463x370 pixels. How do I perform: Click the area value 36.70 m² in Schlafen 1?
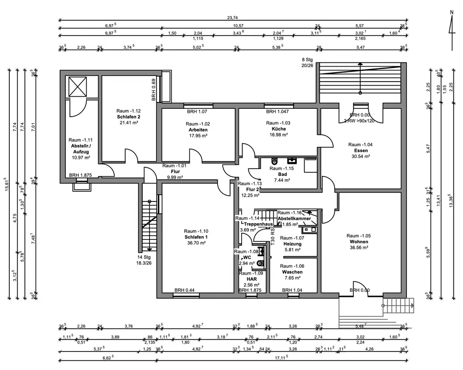coord(196,243)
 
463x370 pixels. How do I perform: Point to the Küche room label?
coord(277,129)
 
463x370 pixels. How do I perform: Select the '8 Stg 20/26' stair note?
coord(307,63)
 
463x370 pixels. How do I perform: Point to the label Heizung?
coord(292,244)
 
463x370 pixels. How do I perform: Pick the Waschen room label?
coord(292,272)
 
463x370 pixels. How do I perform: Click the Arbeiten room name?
coord(198,130)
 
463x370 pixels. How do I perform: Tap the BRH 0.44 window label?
coord(184,290)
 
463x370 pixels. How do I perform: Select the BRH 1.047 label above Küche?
coord(277,112)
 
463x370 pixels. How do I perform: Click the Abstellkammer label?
coord(294,219)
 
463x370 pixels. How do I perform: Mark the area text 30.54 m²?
coord(360,157)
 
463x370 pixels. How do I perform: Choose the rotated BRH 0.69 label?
coord(153,89)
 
